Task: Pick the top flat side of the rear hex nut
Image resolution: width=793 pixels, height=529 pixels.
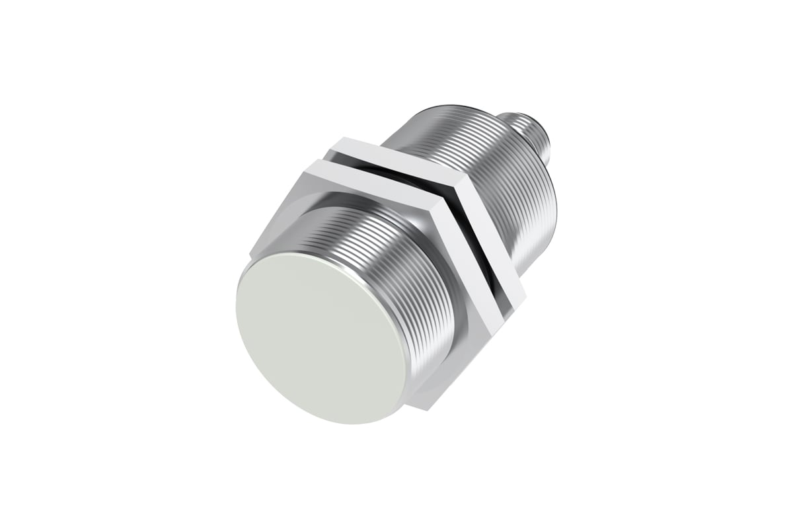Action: click(397, 151)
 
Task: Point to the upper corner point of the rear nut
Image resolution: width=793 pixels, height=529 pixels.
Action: click(341, 138)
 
